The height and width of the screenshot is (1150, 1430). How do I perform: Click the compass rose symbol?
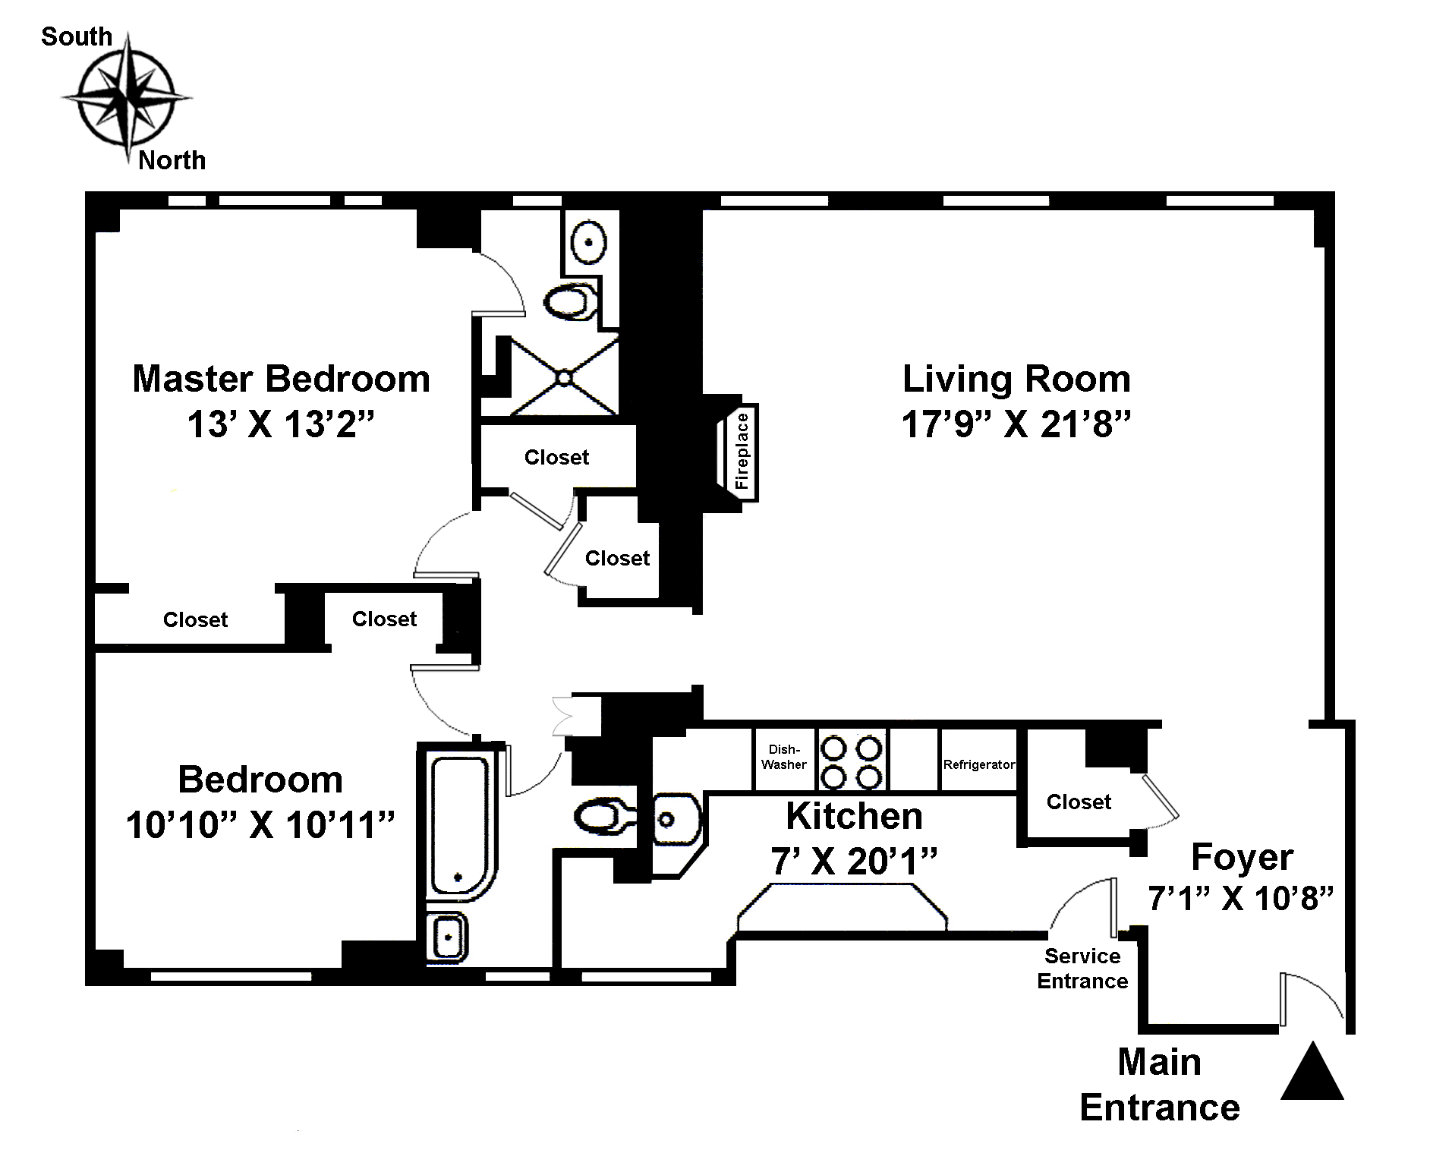pos(126,98)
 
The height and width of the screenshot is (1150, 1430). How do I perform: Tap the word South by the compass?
pos(77,36)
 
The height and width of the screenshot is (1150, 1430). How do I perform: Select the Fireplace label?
pos(742,452)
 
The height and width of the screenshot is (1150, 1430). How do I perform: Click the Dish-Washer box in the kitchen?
pos(784,759)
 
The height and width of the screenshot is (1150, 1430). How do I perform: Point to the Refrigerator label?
pos(978,764)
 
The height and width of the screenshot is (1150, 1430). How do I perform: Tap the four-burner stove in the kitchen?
pos(852,761)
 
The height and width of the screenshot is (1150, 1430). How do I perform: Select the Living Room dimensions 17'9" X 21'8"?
pos(1016,424)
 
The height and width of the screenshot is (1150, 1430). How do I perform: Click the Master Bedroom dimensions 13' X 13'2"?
pos(282,424)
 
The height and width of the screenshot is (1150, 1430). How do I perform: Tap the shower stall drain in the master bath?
pos(565,377)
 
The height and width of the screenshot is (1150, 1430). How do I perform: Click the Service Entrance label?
pos(1082,968)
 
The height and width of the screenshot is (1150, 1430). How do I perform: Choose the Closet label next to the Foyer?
pos(1079,802)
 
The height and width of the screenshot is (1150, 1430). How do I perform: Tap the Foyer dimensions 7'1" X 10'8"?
pos(1241,899)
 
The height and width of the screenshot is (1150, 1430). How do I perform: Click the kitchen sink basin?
pos(673,819)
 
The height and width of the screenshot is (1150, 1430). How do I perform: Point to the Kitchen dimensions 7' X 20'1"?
pos(854,862)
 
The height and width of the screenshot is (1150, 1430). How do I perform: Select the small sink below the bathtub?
pos(447,937)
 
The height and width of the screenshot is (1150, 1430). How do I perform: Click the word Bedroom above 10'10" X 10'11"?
pos(260,780)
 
